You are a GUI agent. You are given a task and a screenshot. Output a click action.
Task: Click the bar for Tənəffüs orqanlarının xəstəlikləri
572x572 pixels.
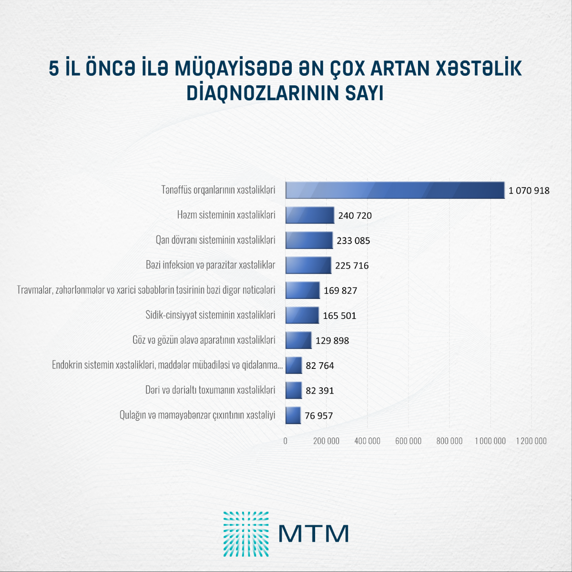(x=395, y=190)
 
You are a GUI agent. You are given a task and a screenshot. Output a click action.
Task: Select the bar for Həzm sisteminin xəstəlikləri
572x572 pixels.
(x=310, y=215)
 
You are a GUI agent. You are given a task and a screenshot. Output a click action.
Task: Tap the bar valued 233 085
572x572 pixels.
(x=309, y=240)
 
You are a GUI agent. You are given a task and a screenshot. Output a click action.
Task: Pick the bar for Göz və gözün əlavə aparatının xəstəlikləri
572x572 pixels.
(x=298, y=340)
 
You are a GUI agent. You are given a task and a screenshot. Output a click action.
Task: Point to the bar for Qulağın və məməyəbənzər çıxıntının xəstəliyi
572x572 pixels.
(x=293, y=415)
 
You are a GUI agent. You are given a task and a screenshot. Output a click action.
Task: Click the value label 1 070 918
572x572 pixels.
(x=529, y=191)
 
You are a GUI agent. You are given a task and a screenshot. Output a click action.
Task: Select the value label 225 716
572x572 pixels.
(x=352, y=266)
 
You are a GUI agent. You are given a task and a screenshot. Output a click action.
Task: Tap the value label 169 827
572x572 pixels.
(x=340, y=291)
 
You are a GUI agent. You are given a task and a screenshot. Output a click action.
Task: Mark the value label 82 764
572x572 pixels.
(x=320, y=366)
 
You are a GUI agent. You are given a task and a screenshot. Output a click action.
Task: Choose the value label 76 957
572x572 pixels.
(x=318, y=416)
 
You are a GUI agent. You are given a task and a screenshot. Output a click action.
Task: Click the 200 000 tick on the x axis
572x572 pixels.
(x=326, y=441)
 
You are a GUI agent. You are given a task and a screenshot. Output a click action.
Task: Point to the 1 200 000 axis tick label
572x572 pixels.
(x=531, y=441)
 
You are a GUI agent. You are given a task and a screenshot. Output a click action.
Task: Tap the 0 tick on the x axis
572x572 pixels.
(x=286, y=441)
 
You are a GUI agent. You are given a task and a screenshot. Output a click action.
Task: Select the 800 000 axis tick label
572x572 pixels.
(x=449, y=441)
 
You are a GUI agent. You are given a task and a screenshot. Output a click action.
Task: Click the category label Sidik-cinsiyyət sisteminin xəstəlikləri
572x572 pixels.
(x=210, y=315)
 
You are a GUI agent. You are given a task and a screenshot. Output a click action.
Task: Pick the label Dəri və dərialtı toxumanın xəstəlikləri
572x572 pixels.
(x=210, y=390)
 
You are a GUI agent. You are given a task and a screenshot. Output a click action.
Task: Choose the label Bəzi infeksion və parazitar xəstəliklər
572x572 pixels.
(x=210, y=265)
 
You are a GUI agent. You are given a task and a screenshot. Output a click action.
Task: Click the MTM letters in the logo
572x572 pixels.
(x=313, y=533)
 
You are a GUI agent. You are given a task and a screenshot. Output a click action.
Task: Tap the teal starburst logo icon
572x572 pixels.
(x=246, y=534)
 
